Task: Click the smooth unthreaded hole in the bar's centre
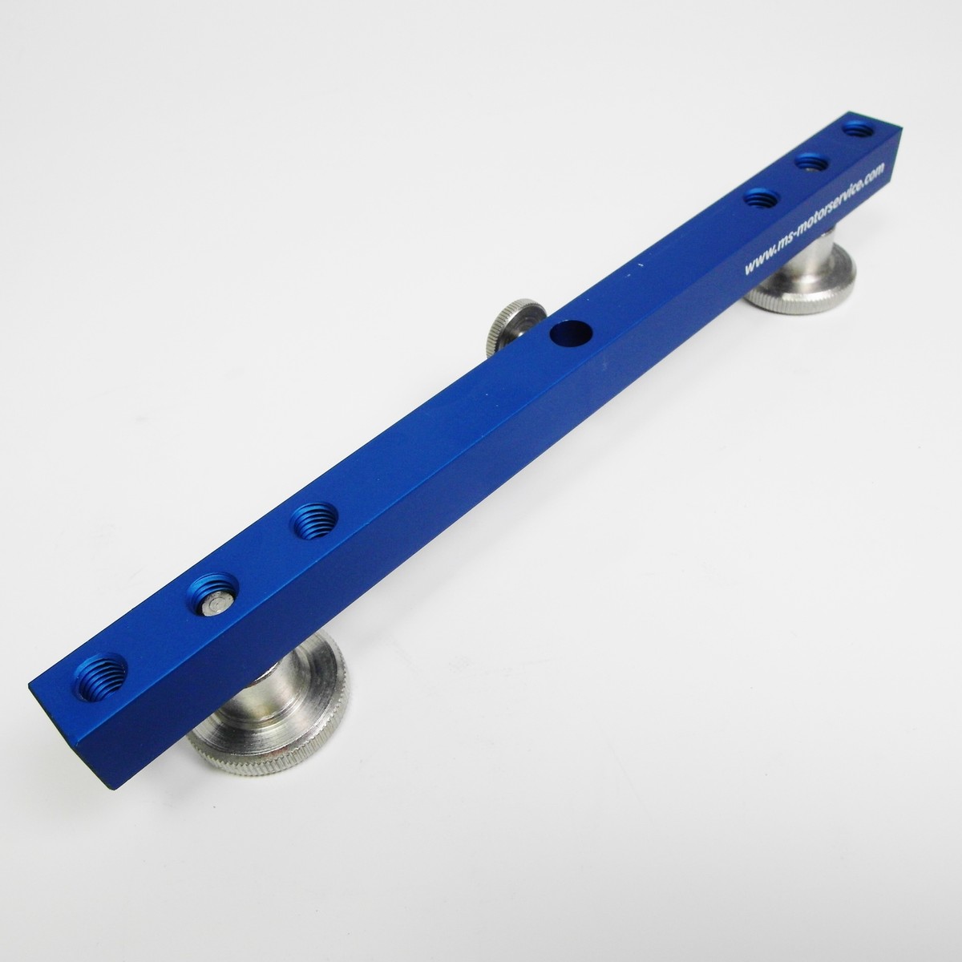pyautogui.click(x=571, y=333)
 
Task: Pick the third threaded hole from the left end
pyautogui.click(x=313, y=521)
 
